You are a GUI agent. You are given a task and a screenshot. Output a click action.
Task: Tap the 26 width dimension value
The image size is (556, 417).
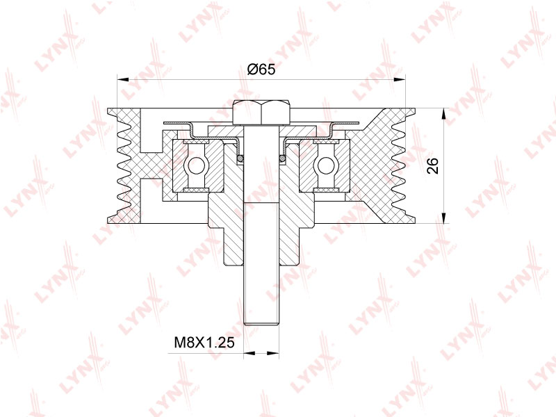click(x=432, y=165)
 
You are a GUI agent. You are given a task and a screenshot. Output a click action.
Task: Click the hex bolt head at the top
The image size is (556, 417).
click(x=261, y=112)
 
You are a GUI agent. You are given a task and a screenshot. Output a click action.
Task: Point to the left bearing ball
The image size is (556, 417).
click(x=196, y=165)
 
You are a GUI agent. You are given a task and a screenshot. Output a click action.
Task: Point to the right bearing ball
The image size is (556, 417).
click(x=325, y=165)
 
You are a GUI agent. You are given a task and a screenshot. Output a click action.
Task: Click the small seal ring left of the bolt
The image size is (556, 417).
click(x=240, y=159)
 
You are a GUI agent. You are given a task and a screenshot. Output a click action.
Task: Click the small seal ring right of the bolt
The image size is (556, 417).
click(x=282, y=159)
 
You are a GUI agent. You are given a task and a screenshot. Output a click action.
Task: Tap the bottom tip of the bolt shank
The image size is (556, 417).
click(x=261, y=322)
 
